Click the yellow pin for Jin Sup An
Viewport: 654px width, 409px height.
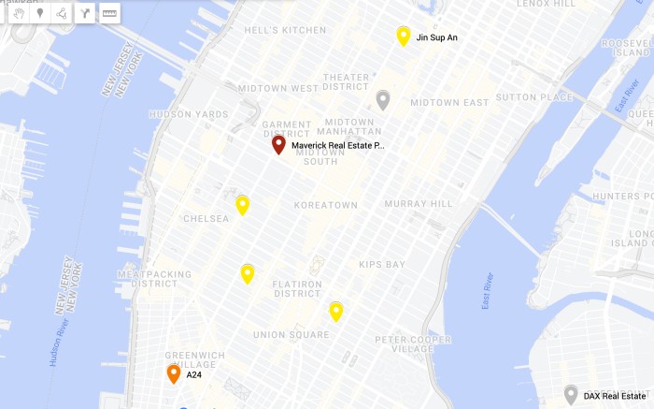[x=404, y=36]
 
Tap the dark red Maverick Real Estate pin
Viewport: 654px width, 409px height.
[x=278, y=144]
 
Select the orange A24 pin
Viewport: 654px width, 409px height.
[x=174, y=373]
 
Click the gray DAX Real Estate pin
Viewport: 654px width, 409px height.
[x=571, y=394]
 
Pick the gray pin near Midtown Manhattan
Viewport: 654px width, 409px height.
[x=383, y=99]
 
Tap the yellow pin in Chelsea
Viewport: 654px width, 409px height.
[x=243, y=205]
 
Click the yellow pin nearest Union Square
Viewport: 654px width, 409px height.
[x=336, y=311]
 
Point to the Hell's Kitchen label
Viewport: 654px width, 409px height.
[x=285, y=30]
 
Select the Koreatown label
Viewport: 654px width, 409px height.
[x=326, y=205]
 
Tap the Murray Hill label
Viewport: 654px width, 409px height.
[x=419, y=203]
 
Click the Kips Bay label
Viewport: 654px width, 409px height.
[x=382, y=265]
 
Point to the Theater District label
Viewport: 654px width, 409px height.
[x=346, y=81]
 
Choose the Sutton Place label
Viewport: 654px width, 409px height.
[x=534, y=97]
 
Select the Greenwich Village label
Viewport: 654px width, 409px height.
[x=195, y=360]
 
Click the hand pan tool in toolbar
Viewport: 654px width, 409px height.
[x=18, y=13]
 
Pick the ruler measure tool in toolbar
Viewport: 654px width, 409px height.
[x=109, y=13]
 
